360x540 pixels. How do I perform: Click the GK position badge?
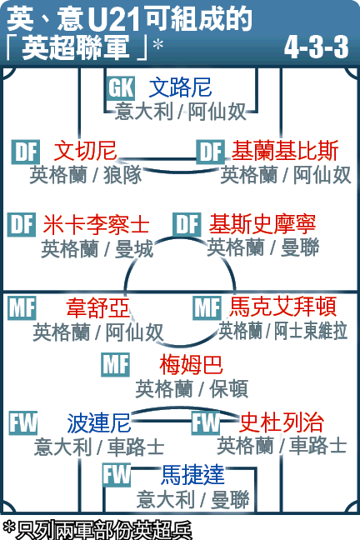(x=120, y=88)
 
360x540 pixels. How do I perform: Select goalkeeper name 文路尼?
(x=180, y=87)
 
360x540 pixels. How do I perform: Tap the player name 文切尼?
(x=85, y=151)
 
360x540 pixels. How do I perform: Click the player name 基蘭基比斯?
(x=284, y=151)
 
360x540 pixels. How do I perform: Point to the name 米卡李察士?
(x=96, y=224)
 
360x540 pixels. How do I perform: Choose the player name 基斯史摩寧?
(x=262, y=224)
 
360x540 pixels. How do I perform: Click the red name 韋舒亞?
(x=97, y=307)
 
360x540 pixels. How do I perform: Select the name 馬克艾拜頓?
(x=282, y=307)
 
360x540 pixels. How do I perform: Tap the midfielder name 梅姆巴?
(x=191, y=365)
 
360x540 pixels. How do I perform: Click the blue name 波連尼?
(x=99, y=422)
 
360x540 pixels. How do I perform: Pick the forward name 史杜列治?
(x=282, y=422)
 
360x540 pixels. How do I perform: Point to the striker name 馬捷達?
(x=193, y=474)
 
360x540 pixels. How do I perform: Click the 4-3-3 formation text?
(x=316, y=47)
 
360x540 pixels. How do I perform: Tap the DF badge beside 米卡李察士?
(x=22, y=224)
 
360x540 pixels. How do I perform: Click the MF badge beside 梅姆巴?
(x=115, y=365)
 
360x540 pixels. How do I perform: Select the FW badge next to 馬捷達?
(x=117, y=475)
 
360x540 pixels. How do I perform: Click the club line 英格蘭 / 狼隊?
(x=86, y=175)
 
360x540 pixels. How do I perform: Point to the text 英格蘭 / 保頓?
(x=192, y=389)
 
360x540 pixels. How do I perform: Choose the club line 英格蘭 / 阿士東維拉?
(x=283, y=331)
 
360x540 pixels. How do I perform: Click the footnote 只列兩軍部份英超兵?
(x=97, y=530)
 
